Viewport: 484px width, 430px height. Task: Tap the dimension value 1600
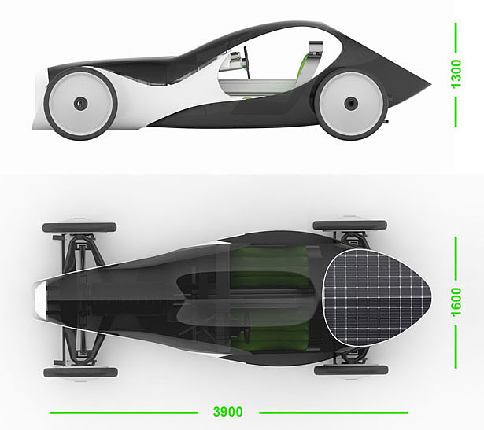[x=456, y=295]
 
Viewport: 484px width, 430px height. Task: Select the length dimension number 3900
[x=227, y=412]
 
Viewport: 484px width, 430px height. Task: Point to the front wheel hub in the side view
[x=79, y=103]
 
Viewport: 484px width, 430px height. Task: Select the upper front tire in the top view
[x=79, y=227]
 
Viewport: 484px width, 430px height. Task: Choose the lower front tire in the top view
[x=79, y=372]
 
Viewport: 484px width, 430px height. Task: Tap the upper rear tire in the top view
[x=349, y=226]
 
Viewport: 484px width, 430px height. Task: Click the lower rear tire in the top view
[x=349, y=369]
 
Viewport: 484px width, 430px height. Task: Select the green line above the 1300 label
[x=456, y=39]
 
